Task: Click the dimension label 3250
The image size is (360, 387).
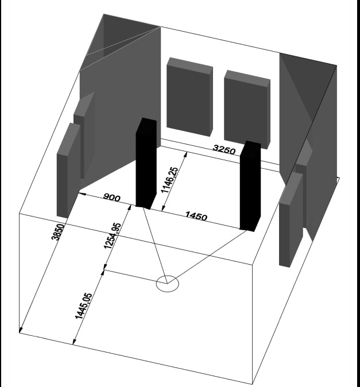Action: tap(224, 149)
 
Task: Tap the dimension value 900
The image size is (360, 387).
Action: tap(112, 197)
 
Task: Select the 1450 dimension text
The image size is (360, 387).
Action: tap(196, 216)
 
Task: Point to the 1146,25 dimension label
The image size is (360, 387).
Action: tap(169, 180)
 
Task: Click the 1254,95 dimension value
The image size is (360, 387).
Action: tap(113, 236)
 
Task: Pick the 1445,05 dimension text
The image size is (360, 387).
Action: tap(83, 306)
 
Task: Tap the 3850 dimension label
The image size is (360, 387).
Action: tap(58, 232)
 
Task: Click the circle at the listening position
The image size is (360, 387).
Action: tap(168, 284)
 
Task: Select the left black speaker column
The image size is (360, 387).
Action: tap(146, 164)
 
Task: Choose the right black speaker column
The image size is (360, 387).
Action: tap(250, 187)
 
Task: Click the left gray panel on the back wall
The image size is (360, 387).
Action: tap(189, 96)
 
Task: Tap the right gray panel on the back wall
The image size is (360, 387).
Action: tap(247, 110)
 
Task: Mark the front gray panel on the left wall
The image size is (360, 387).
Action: tap(68, 171)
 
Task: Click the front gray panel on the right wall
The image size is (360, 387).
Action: tap(291, 220)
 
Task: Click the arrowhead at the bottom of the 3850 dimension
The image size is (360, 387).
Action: tap(21, 330)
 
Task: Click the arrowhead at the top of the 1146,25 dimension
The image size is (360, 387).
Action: tap(185, 155)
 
